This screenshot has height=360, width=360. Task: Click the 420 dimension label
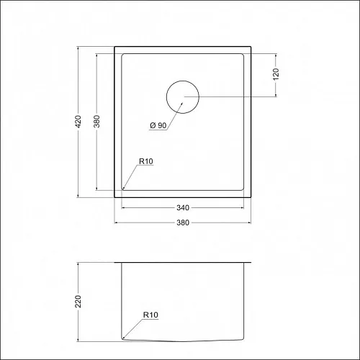pos(78,122)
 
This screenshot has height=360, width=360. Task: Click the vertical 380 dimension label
pos(96,121)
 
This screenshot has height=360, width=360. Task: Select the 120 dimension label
pos(276,74)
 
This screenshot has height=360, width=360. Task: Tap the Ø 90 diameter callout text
pos(158,125)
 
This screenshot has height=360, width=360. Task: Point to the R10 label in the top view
pos(146,161)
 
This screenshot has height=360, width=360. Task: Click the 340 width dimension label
pos(183,207)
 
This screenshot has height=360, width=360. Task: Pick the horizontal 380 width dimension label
pos(183,222)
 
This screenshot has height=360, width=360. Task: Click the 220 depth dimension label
pos(78,302)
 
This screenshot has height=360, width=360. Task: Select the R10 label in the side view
pos(150,315)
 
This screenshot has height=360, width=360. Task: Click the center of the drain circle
pos(183,97)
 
